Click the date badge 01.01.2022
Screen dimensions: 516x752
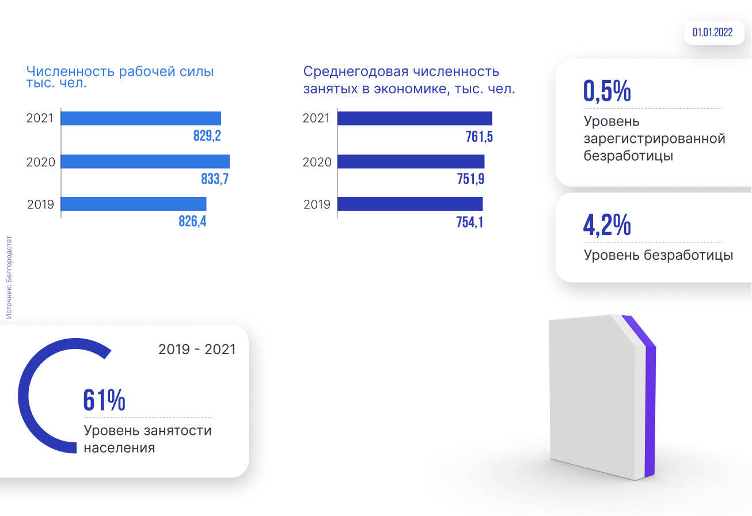click(712, 33)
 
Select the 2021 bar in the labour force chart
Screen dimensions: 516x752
click(141, 118)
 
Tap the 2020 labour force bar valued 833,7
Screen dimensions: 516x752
click(145, 161)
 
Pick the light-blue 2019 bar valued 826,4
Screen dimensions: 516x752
click(134, 204)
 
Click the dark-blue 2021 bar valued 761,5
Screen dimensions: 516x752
click(415, 118)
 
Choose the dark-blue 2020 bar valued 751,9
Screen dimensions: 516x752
click(411, 161)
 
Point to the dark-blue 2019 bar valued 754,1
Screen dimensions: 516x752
click(410, 204)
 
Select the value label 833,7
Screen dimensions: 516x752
click(215, 179)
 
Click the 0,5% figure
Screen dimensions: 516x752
click(607, 91)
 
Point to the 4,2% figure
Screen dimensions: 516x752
click(607, 225)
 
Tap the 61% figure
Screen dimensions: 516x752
click(104, 400)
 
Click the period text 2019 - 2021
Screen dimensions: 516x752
click(197, 350)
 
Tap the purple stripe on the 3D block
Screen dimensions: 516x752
click(649, 403)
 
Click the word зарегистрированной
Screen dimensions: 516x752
click(654, 139)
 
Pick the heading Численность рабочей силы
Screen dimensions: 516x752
click(120, 72)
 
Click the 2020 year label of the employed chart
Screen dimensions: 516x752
click(317, 162)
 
